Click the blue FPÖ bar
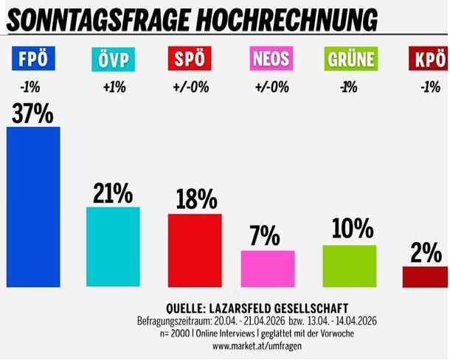click(33, 207)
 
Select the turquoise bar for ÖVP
click(113, 247)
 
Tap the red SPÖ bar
click(195, 250)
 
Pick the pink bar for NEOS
click(268, 269)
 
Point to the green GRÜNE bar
click(350, 266)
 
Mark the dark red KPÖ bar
click(426, 277)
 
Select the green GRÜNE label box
click(350, 58)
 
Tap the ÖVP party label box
click(113, 58)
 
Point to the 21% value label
click(113, 193)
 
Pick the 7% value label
click(265, 237)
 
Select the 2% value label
click(426, 253)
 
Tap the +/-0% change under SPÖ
click(194, 87)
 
